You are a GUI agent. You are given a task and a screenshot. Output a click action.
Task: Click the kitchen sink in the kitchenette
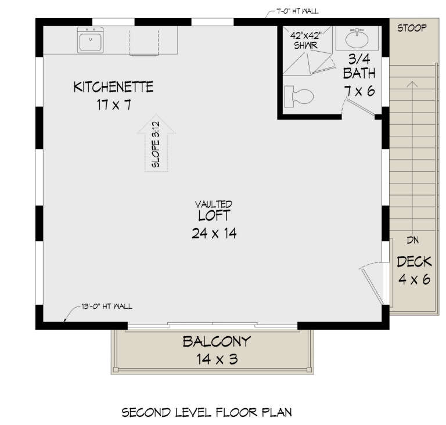91,41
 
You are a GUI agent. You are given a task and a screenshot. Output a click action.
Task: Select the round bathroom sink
355,39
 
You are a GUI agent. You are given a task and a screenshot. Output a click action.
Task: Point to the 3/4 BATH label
359,66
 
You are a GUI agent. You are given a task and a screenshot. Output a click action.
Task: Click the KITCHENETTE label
113,88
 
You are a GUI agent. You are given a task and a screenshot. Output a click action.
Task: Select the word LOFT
214,216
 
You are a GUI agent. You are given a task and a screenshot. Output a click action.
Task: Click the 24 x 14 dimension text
214,233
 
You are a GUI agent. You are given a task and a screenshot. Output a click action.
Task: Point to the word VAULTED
214,204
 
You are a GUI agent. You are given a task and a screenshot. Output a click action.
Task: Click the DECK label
414,262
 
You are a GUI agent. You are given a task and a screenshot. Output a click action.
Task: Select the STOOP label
412,27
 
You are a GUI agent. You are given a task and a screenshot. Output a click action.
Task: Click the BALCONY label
216,341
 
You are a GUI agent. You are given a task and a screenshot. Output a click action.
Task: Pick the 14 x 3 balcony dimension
216,359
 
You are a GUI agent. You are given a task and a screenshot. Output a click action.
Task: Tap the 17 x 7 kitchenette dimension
113,106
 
